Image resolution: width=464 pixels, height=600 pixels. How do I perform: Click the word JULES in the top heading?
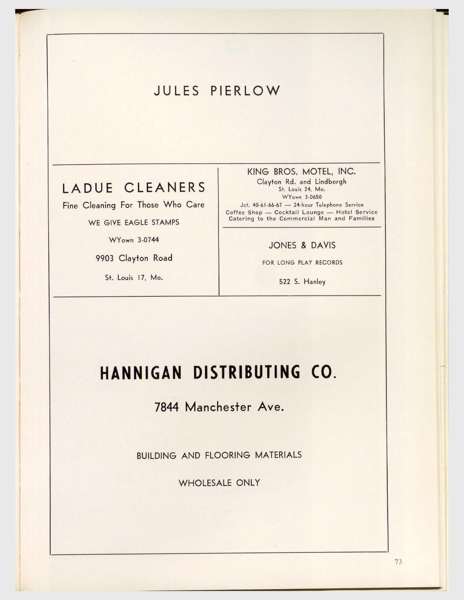pyautogui.click(x=176, y=91)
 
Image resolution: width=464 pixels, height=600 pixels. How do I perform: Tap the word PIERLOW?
pyautogui.click(x=245, y=91)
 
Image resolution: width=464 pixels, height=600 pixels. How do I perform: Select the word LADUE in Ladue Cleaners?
pyautogui.click(x=87, y=188)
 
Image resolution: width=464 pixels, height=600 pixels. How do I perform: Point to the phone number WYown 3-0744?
pyautogui.click(x=134, y=240)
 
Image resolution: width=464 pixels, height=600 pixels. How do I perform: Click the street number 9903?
pyautogui.click(x=105, y=258)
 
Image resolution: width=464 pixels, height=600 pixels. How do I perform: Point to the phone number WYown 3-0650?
pyautogui.click(x=302, y=197)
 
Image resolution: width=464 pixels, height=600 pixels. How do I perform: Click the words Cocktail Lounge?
pyautogui.click(x=299, y=212)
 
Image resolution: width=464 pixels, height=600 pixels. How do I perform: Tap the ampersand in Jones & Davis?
pyautogui.click(x=303, y=245)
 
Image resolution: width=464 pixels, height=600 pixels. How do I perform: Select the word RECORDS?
pyautogui.click(x=329, y=263)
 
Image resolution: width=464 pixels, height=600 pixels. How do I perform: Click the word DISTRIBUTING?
pyautogui.click(x=246, y=372)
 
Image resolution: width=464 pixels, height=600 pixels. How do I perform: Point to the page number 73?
pyautogui.click(x=398, y=562)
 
